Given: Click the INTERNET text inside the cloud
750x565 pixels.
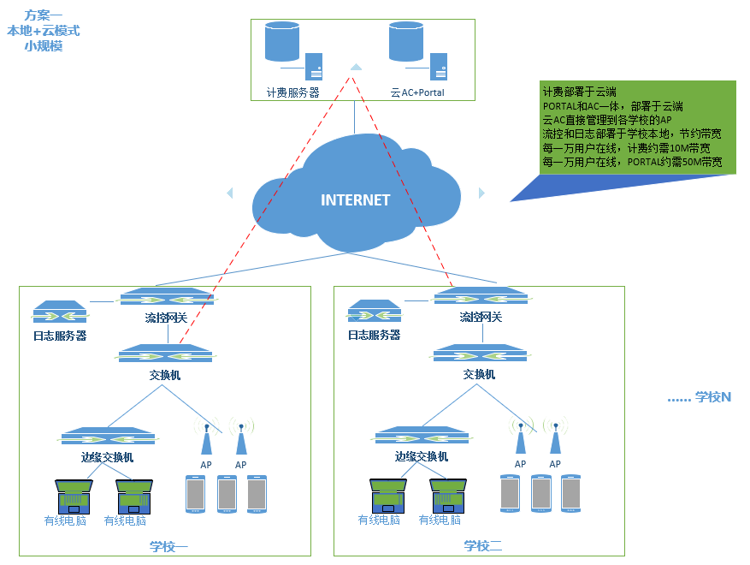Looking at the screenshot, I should pos(355,199).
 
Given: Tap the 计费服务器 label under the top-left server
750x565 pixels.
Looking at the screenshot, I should pos(292,92).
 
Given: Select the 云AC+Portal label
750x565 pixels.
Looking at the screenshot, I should pos(417,92).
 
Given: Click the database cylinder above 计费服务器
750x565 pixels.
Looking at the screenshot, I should pos(282,42).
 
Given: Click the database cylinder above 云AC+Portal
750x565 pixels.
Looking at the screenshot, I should pos(406,42).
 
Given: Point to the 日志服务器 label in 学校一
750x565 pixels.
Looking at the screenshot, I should pos(60,336).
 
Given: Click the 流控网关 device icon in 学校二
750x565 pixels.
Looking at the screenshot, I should pos(481,297).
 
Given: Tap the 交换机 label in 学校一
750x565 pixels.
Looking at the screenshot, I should pos(165,375).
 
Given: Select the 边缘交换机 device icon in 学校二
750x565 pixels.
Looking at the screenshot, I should pos(422,437).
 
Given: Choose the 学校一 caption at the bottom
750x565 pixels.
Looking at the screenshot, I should pos(168,546).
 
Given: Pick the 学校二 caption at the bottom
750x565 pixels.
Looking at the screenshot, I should pos(483,546).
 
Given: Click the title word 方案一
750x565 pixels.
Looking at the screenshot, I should pos(44,15).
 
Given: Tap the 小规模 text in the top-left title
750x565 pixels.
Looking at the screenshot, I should pos(44,46).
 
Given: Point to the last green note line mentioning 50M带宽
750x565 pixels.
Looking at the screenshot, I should pos(632,162).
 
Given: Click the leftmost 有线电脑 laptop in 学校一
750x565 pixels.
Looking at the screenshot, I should pos(74,496).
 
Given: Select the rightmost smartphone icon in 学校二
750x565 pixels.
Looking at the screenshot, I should pos(571,493).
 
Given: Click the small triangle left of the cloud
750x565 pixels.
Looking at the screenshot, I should pos(229,193).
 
